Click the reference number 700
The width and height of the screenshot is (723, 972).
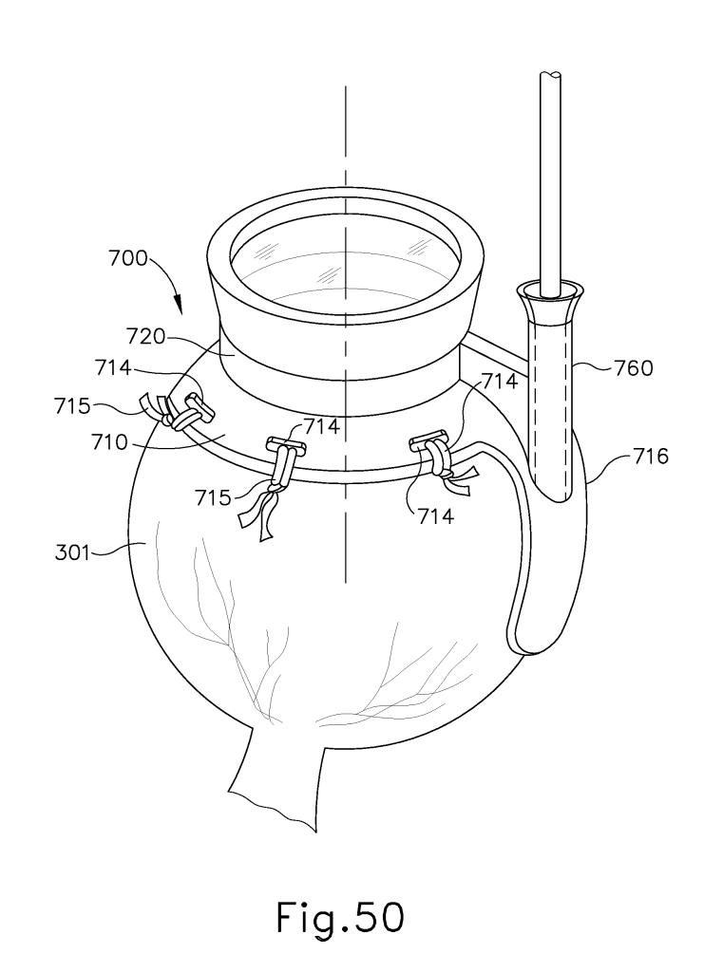128,258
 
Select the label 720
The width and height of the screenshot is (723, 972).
146,337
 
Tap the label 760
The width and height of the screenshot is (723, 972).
634,368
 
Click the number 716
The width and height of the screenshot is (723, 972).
651,457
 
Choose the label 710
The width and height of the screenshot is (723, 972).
110,442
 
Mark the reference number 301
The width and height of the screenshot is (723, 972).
72,551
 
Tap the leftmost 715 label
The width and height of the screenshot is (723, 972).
72,406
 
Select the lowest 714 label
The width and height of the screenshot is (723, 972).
435,515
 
